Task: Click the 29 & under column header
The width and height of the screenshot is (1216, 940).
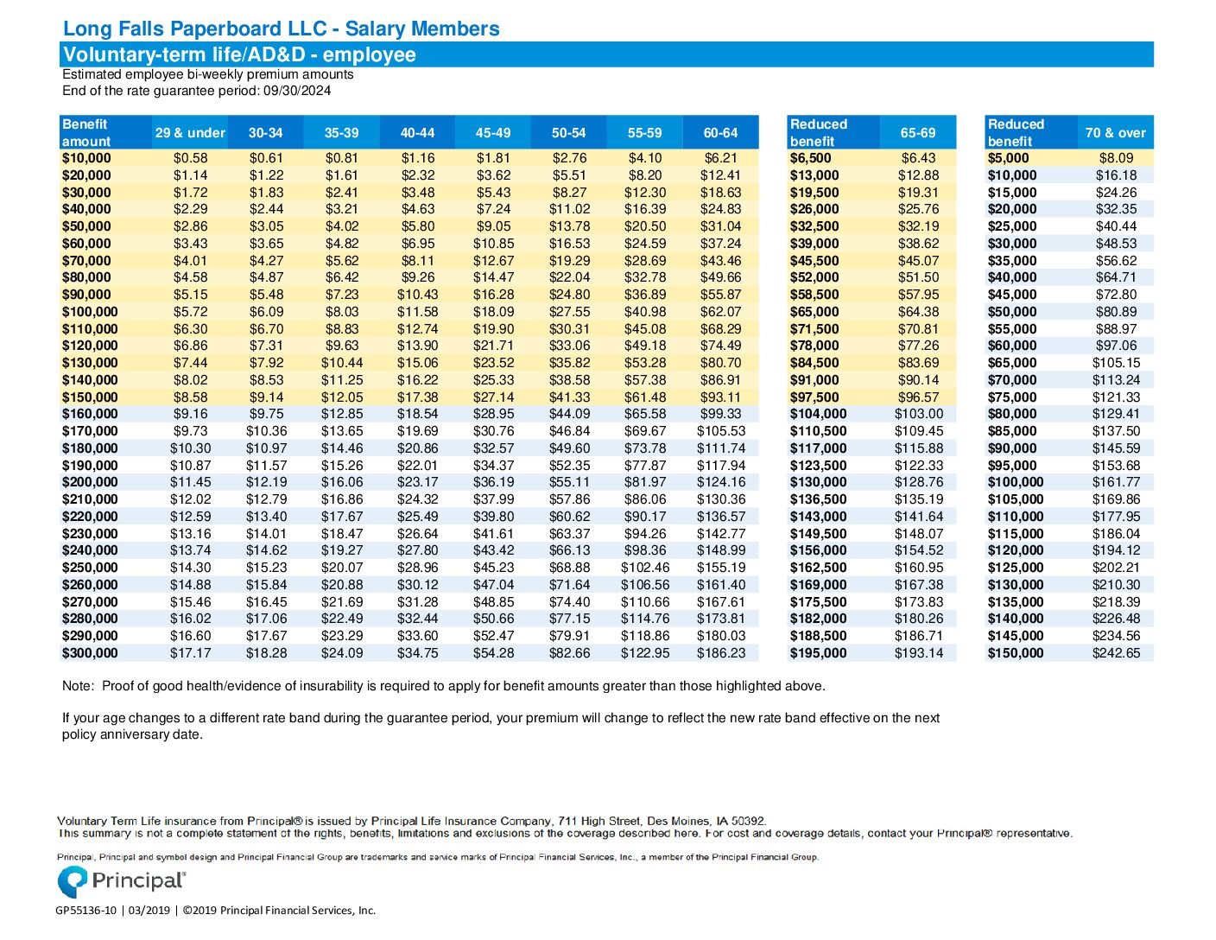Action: point(190,133)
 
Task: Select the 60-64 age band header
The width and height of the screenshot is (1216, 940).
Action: point(720,133)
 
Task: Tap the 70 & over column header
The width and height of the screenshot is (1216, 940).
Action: point(1115,133)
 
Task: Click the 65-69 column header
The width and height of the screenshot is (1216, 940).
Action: point(918,133)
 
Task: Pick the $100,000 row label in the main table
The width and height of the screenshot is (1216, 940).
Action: point(90,312)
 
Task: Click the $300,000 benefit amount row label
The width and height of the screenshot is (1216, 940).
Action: point(90,653)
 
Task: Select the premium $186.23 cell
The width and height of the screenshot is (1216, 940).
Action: point(721,653)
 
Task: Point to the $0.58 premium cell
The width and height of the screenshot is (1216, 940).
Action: point(190,158)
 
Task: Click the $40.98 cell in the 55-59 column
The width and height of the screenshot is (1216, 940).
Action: point(645,312)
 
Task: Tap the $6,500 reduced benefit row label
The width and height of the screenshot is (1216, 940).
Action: point(810,158)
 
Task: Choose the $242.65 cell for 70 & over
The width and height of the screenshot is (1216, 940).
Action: point(1116,653)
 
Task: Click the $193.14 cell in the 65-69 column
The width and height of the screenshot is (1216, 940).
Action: point(918,653)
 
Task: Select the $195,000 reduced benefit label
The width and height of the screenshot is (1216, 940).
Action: point(818,653)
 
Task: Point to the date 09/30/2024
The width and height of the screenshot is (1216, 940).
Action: point(297,91)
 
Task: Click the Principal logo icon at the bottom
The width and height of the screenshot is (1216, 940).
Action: point(73,881)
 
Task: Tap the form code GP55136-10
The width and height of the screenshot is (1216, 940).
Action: point(85,911)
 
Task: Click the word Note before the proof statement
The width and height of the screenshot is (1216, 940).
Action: point(78,686)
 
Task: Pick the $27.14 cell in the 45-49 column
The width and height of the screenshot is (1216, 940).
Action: point(493,397)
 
